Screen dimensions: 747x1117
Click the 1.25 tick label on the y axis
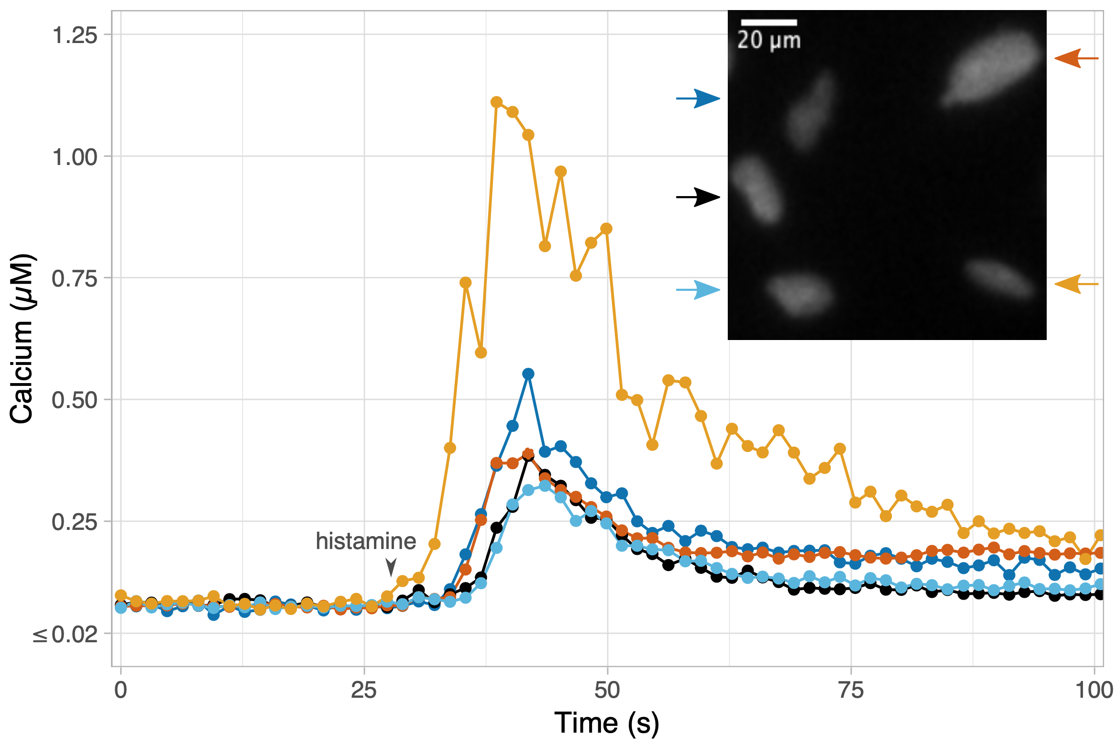[75, 35]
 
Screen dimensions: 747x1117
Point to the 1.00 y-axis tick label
[75, 157]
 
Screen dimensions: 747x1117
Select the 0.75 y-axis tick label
[75, 278]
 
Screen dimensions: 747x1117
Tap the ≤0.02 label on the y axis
[66, 635]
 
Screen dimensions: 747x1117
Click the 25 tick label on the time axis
[364, 690]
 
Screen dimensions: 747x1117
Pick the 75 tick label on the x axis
[851, 690]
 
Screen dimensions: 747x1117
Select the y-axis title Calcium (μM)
[22, 339]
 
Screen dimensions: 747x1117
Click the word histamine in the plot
[366, 541]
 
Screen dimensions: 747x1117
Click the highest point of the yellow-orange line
[496, 102]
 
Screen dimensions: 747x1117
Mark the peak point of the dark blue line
[528, 373]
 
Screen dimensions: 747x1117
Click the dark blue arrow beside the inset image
[698, 99]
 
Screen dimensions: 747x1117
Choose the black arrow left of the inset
[698, 197]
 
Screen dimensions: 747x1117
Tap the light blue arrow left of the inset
[698, 289]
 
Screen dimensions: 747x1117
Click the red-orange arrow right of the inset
[1076, 58]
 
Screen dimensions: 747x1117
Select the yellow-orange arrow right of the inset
[1076, 284]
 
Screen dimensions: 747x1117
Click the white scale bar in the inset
[769, 22]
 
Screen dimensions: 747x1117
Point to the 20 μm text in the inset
[769, 40]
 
